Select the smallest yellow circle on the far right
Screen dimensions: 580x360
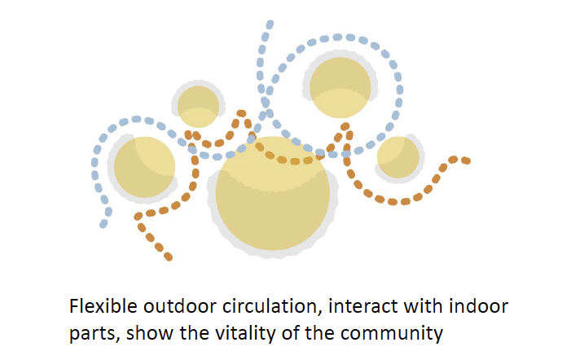point(398,157)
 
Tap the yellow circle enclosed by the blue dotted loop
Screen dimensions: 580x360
point(341,88)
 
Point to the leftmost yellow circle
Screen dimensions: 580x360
point(143,167)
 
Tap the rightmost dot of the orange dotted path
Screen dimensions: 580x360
point(467,160)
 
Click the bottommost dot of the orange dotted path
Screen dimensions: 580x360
point(169,257)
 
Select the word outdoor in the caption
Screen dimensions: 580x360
point(174,307)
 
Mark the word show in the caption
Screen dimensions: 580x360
point(145,333)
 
